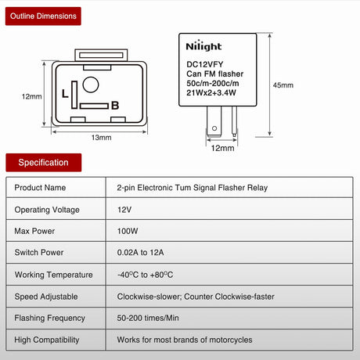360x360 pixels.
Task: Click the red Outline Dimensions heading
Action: [43, 16]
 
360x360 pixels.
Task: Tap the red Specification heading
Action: [44, 163]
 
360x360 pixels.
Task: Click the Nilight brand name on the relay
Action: [203, 46]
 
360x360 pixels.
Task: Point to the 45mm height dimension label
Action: [283, 85]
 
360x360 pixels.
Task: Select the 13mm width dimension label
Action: [101, 138]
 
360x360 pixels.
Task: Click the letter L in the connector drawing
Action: [65, 93]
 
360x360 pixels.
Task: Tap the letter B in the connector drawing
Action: [115, 106]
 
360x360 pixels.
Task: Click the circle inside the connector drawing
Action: [91, 85]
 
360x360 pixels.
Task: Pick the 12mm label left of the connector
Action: [32, 96]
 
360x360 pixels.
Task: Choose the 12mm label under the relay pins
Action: [222, 148]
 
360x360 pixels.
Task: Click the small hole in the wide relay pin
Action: [214, 128]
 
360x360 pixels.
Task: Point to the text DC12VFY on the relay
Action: [205, 64]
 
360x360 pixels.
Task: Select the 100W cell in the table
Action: [128, 231]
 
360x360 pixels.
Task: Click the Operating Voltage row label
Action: [47, 210]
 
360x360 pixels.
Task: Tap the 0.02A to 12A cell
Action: [140, 252]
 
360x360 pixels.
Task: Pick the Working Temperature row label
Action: [54, 275]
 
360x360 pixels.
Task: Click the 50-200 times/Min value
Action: [148, 318]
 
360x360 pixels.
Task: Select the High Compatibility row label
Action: [47, 340]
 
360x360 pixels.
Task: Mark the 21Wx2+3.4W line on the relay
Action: [211, 92]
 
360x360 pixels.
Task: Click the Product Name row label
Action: [40, 188]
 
